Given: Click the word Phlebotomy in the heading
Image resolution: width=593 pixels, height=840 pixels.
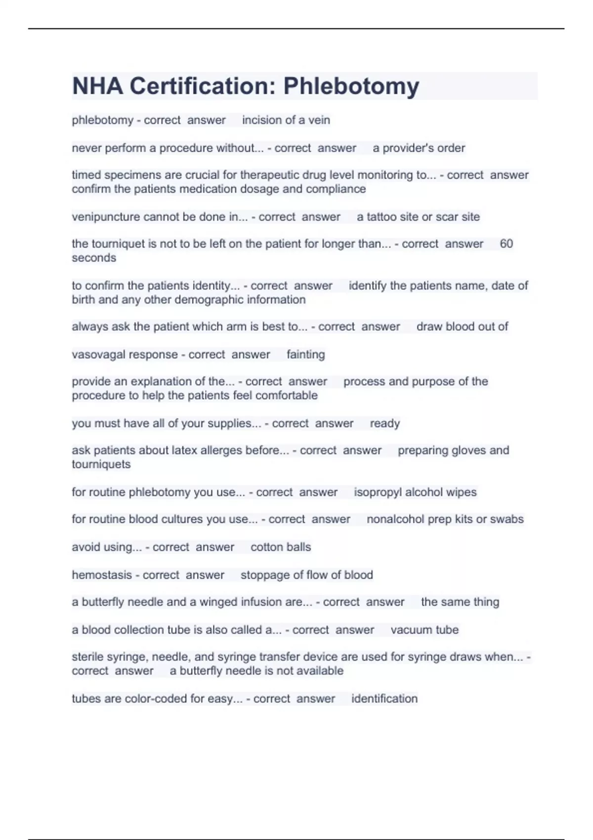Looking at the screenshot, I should [x=351, y=86].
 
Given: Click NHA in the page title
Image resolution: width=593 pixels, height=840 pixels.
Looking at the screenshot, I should [x=97, y=86].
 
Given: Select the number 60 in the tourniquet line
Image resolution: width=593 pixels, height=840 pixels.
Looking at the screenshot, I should [x=506, y=244].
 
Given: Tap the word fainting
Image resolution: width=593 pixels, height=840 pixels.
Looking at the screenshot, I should [x=305, y=354].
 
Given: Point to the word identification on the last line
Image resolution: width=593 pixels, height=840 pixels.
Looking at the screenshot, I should [x=384, y=699].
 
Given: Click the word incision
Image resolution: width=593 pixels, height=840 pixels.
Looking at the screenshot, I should [x=262, y=120].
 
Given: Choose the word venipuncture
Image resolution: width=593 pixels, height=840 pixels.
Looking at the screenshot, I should [x=106, y=217].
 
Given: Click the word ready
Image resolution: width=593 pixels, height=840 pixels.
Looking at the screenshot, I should [x=384, y=423].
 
